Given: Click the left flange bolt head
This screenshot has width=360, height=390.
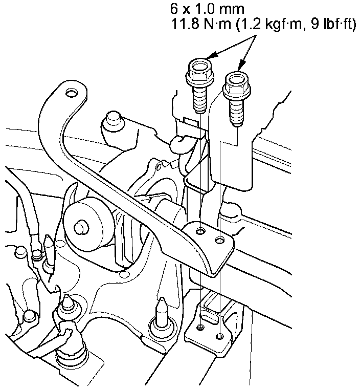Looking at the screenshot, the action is coord(198,72).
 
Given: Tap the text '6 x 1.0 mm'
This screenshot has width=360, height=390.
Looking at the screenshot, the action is coord(207,9).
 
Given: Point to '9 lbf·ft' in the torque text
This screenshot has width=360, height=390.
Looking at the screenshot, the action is coord(332,25).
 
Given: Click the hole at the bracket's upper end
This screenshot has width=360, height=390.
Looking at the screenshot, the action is coord(72,93).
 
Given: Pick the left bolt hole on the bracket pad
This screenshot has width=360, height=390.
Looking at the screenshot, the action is coord(201,231).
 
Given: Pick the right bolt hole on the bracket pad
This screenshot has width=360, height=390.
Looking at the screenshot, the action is coord(219,240).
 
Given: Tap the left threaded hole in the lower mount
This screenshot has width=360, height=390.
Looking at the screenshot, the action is coord(200,328).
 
